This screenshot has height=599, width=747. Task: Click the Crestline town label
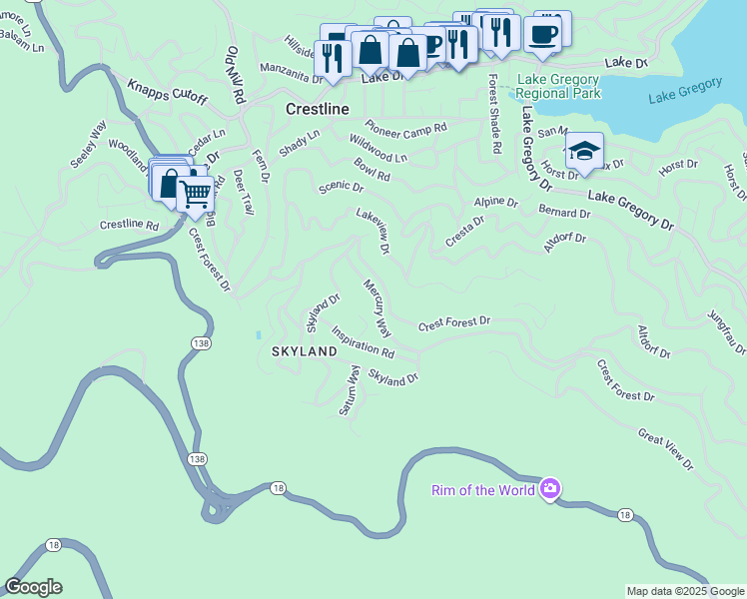click(317, 108)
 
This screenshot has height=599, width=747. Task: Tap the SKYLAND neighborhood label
click(304, 352)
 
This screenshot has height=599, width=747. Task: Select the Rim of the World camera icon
click(549, 488)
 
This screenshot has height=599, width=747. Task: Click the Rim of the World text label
click(483, 489)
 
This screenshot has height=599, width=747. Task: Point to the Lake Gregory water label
click(684, 91)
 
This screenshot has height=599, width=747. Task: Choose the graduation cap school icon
click(584, 152)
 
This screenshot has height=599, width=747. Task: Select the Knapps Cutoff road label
click(167, 91)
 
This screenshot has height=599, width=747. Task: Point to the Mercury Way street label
click(376, 306)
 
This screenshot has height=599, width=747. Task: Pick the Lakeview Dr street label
click(373, 230)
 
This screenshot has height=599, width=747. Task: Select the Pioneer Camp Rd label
click(404, 127)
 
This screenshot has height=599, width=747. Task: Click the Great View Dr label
click(665, 448)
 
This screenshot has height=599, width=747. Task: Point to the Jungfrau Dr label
click(726, 330)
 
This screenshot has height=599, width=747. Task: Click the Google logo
click(33, 587)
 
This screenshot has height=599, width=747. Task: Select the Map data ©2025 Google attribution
click(685, 591)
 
